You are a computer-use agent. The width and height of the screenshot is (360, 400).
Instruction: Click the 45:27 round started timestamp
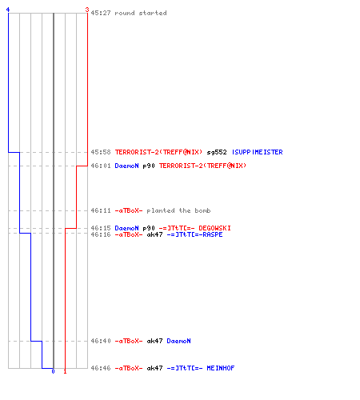coord(101,13)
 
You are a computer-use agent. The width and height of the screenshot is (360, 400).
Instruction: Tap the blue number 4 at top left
coord(8,10)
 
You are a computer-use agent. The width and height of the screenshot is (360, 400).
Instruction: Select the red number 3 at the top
coord(87,10)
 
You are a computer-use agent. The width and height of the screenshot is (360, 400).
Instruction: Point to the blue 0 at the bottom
coord(53,371)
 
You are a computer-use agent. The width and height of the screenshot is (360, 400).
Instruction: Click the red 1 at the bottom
coord(65,371)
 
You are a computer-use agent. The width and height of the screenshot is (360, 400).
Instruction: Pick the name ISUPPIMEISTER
coord(258,152)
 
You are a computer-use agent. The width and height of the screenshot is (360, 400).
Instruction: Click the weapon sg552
coord(217,152)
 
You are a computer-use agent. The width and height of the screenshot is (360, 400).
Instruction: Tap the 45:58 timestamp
coord(101,152)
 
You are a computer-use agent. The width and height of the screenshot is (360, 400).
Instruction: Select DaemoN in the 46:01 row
coord(126,166)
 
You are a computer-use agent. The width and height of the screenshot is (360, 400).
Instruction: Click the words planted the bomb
coord(178,210)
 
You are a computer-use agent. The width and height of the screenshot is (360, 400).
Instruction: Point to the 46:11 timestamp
coord(101,210)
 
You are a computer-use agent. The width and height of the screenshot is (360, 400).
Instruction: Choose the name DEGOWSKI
coord(214,228)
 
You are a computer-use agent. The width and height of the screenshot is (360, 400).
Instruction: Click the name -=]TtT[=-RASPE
coord(194,234)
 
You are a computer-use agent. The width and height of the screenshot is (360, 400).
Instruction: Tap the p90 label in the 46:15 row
coord(149,228)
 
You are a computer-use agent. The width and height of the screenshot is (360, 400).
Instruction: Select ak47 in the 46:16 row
coord(154,234)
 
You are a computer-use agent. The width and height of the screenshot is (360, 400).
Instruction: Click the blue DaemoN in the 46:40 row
coord(178,341)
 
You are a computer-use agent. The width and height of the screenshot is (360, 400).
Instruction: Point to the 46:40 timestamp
coord(101,341)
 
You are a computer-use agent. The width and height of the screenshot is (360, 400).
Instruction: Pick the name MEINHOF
coord(221,368)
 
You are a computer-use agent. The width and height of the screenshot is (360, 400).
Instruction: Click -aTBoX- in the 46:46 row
coord(129,368)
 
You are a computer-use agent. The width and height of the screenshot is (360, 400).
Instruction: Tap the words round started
coord(141,13)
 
